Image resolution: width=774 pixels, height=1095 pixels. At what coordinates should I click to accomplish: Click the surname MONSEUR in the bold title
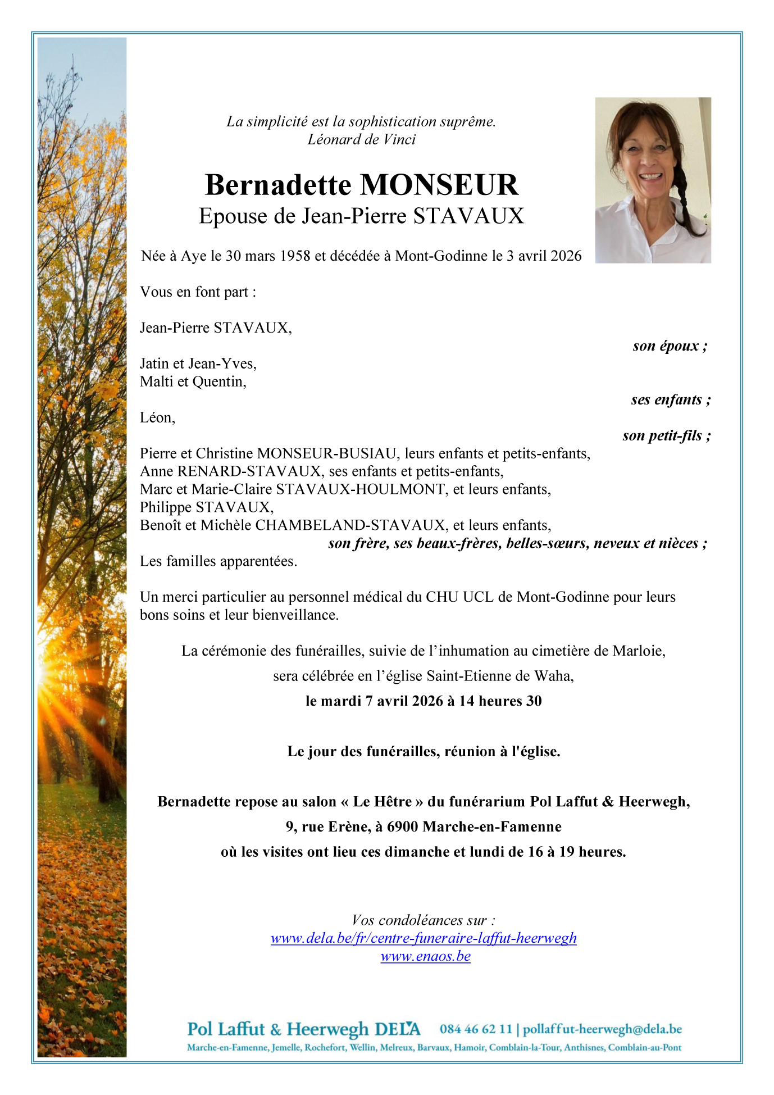coord(439,185)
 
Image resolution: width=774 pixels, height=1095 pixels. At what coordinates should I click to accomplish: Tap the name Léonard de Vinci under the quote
coord(361,139)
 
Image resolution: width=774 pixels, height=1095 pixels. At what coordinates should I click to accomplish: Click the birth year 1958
coord(295,256)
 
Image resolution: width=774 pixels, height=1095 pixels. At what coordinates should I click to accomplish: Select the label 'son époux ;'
coord(670,346)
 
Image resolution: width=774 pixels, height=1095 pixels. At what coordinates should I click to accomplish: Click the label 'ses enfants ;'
coord(671,400)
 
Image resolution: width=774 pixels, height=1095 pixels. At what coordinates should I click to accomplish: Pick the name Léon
coord(157,417)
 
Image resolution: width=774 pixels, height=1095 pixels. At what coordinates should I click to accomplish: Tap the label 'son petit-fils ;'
coord(666,436)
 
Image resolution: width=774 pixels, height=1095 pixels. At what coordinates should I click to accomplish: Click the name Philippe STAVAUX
coord(206,507)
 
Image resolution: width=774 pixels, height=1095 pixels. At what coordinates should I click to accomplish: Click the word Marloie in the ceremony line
coord(638,651)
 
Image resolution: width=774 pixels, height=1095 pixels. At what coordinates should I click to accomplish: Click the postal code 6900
coord(402,827)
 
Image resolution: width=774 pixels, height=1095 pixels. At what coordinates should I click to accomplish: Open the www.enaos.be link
coord(425,956)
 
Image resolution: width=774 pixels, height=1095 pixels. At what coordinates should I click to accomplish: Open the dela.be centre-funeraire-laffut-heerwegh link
coord(424,938)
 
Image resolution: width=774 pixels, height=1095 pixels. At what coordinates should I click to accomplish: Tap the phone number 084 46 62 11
coord(476,1029)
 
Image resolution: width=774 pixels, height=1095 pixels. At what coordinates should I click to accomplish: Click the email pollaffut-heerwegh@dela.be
coord(602,1029)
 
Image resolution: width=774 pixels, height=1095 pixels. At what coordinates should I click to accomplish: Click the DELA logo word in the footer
coord(397,1029)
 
